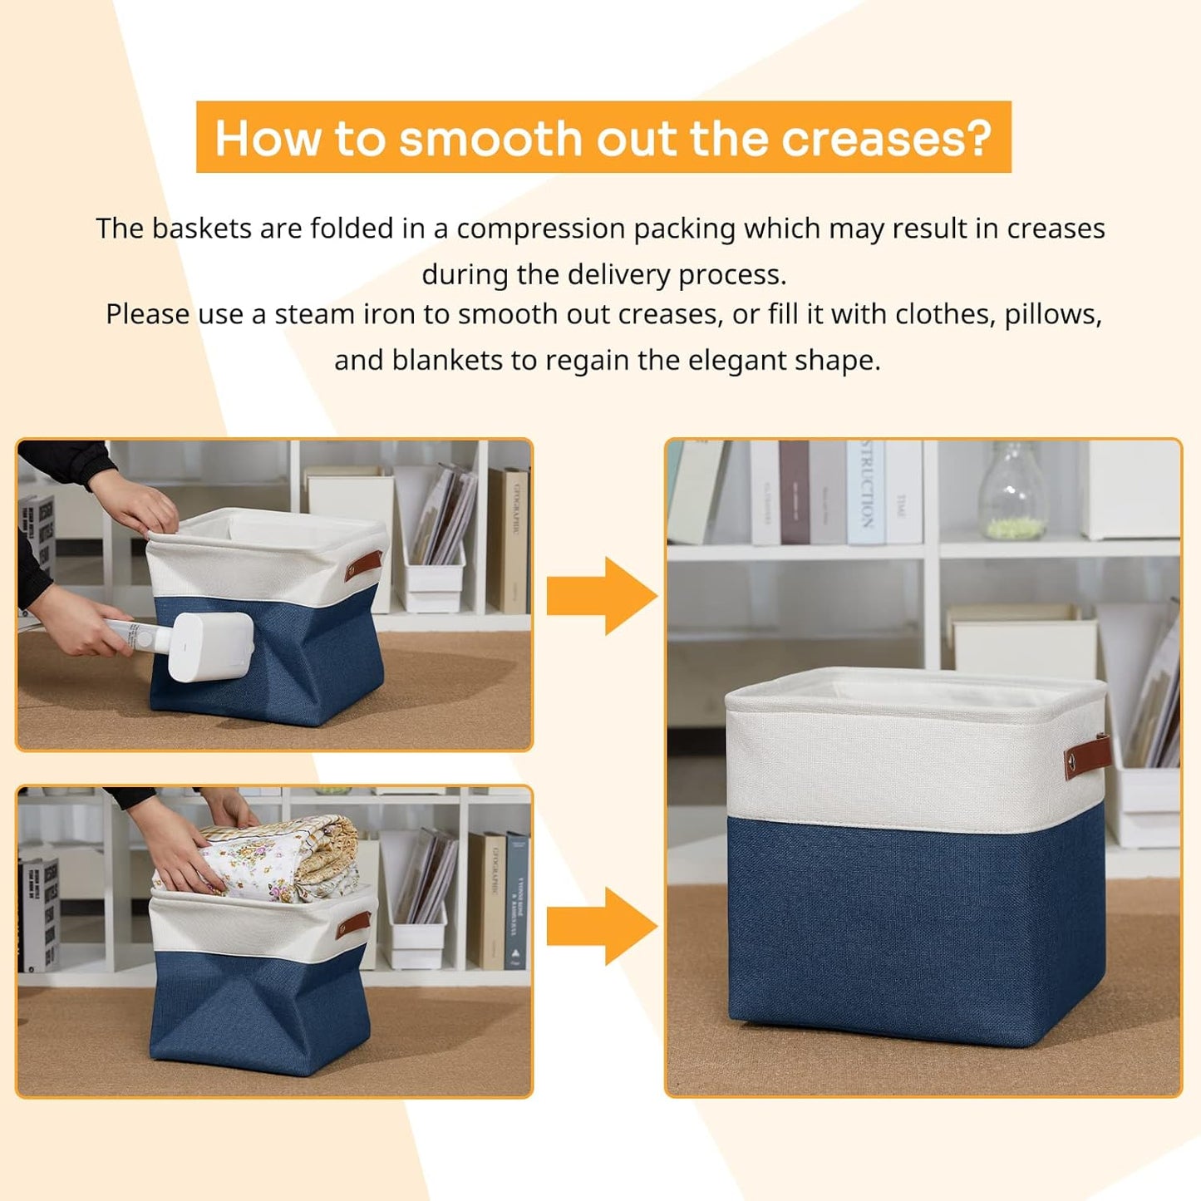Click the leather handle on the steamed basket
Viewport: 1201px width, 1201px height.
[x=363, y=565]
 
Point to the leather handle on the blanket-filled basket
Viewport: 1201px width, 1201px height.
[x=353, y=923]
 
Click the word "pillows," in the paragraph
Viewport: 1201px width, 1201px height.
[x=1053, y=315]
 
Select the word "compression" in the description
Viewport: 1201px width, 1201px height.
[x=540, y=229]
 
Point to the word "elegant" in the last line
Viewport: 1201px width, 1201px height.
[x=738, y=361]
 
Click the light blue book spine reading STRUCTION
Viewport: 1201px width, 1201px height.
[x=865, y=492]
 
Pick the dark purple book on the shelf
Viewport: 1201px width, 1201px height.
[x=794, y=492]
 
